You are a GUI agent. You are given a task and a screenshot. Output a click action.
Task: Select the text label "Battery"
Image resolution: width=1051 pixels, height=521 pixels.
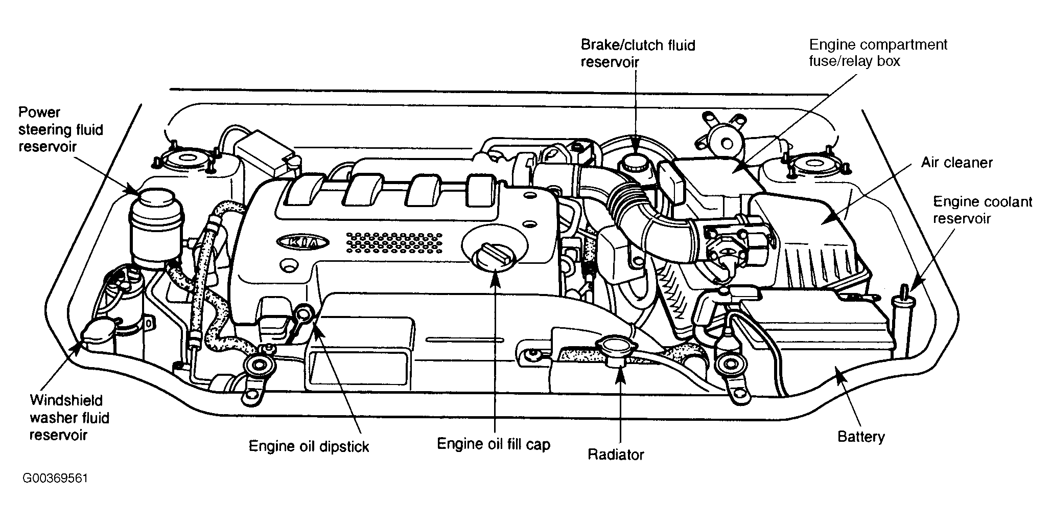click(861, 437)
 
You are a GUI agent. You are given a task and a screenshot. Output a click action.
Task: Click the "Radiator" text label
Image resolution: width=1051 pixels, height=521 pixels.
click(616, 454)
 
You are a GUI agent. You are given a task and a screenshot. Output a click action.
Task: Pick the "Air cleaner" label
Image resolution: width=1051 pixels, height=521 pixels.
click(956, 163)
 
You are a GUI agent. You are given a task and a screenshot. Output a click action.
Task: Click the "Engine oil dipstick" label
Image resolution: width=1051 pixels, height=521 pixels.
click(309, 446)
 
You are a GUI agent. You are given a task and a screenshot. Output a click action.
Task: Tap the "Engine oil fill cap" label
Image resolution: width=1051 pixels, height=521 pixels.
click(494, 444)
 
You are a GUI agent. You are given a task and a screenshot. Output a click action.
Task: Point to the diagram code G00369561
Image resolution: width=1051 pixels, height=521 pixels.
click(56, 479)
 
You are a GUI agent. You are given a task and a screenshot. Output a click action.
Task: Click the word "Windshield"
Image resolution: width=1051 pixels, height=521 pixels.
click(66, 400)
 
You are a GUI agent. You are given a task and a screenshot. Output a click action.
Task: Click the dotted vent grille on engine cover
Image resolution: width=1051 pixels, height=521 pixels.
click(393, 242)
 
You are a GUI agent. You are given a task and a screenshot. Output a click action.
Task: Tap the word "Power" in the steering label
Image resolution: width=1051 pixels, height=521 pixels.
click(39, 112)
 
